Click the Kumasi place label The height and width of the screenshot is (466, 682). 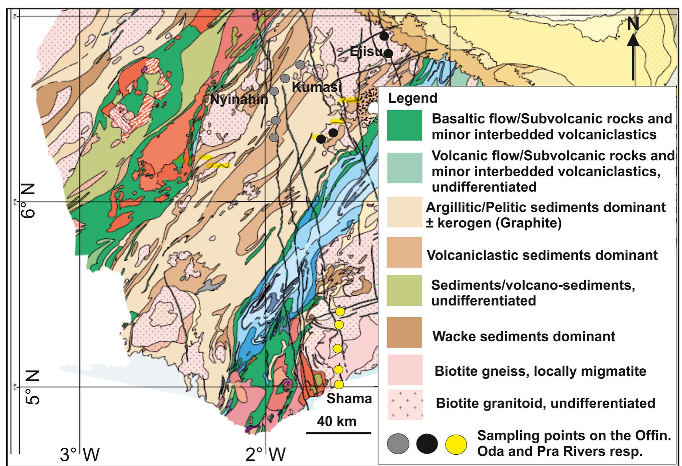316,87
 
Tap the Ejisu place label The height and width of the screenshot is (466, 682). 366,51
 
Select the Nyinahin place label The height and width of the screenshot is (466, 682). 239,99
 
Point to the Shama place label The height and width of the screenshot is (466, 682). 349,398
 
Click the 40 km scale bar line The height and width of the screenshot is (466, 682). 338,433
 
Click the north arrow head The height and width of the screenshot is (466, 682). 633,39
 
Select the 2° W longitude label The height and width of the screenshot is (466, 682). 266,455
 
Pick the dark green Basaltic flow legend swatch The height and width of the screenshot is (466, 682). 404,125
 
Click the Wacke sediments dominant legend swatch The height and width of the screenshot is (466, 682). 404,332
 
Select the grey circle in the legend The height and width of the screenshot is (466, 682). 398,444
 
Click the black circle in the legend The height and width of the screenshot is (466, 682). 427,444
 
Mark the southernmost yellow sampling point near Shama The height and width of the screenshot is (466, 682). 339,384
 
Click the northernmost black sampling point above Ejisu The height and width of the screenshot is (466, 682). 384,36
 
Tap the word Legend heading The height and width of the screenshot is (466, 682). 413,98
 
